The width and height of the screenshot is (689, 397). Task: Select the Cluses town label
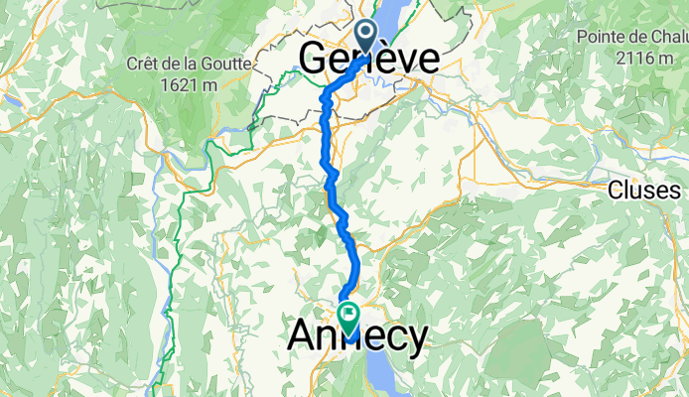[645, 190]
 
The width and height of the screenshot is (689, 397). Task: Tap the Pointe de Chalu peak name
[632, 37]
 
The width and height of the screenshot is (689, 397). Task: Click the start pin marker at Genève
[367, 36]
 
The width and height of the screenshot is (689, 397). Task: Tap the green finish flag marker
[349, 316]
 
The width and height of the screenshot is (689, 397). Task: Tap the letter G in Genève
[313, 60]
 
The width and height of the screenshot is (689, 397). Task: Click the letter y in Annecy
[416, 339]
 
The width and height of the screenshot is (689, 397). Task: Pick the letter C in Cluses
[617, 190]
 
